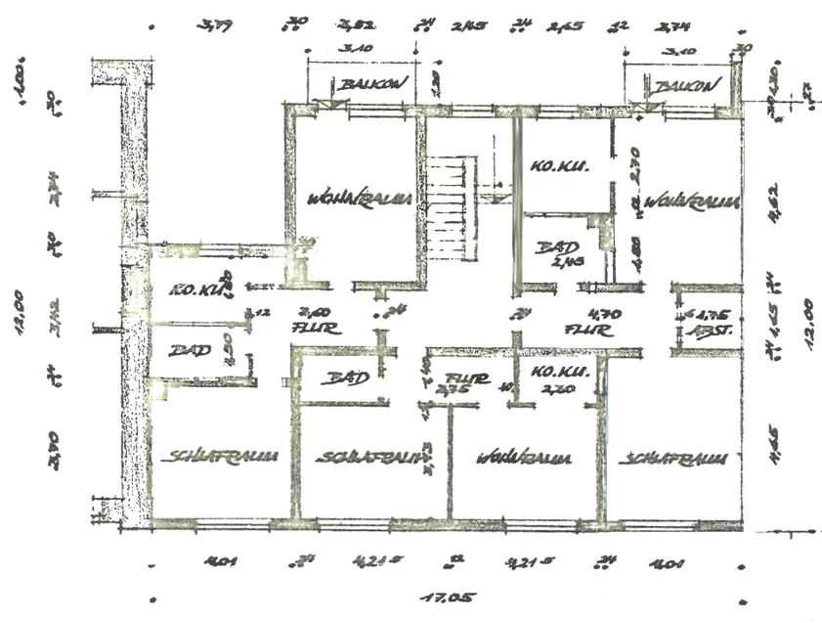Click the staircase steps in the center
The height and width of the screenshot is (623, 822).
pos(451,209)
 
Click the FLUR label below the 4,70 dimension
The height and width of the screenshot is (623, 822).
pos(588,331)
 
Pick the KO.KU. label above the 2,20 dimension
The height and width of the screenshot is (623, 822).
pos(556,373)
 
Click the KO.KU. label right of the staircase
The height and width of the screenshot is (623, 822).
pos(554,167)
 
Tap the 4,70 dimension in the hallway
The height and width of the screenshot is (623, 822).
pos(597,315)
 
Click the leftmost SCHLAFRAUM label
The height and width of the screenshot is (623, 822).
pos(219,456)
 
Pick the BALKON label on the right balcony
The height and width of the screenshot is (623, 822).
pos(688,87)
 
